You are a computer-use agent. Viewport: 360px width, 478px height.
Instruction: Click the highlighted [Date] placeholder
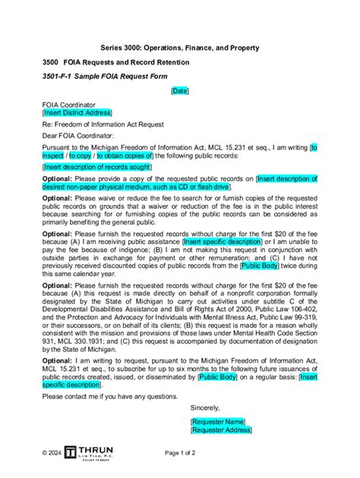point(180,90)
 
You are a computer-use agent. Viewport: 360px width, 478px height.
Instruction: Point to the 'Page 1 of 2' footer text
point(180,452)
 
